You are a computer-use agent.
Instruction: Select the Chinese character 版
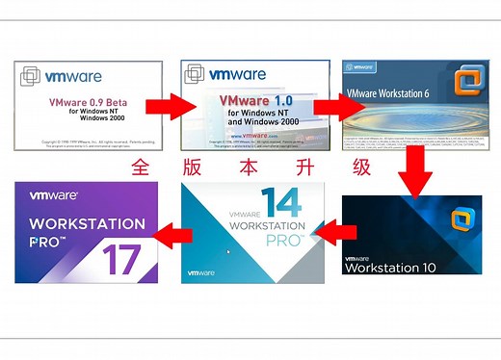197,167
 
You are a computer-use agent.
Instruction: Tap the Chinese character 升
305,167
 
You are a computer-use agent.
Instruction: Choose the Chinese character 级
361,167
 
